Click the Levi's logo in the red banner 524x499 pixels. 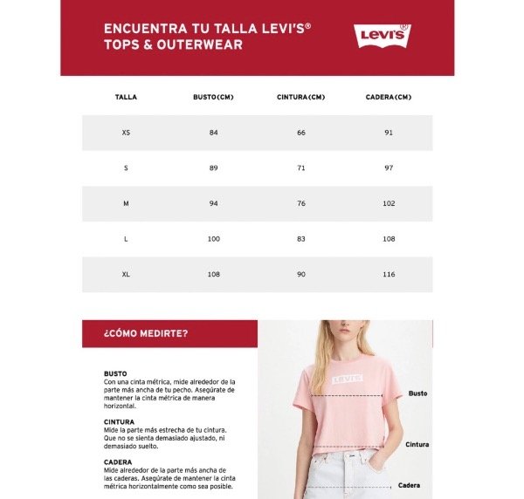coord(382,36)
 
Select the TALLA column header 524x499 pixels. coord(126,97)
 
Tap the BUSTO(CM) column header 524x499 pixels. coord(213,97)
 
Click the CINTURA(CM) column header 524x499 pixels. coord(300,97)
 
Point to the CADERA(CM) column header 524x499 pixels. coord(388,97)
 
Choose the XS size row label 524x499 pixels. coord(126,133)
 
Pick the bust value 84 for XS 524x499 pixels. coord(213,133)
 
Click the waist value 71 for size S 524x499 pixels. coord(301,167)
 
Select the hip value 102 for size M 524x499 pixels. coord(389,203)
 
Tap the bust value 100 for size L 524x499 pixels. coord(214,238)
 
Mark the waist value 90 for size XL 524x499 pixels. coord(301,274)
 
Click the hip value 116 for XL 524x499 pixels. coord(389,274)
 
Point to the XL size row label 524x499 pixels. coord(126,274)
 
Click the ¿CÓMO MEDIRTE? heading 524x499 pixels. coord(146,333)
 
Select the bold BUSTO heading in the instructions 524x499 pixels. coord(115,373)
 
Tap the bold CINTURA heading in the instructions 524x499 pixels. coord(120,421)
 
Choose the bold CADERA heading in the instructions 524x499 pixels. coord(118,462)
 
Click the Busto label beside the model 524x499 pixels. coord(417,393)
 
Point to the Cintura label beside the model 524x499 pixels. coord(417,444)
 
